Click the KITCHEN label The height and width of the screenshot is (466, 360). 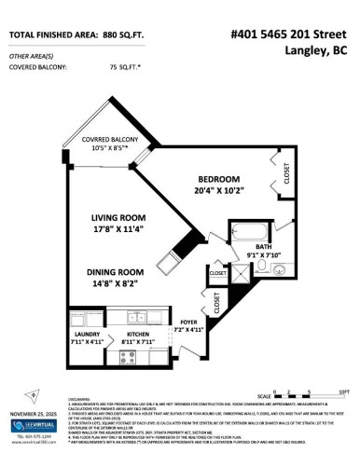click(138, 334)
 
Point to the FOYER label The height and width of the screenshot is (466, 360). click(189, 320)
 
